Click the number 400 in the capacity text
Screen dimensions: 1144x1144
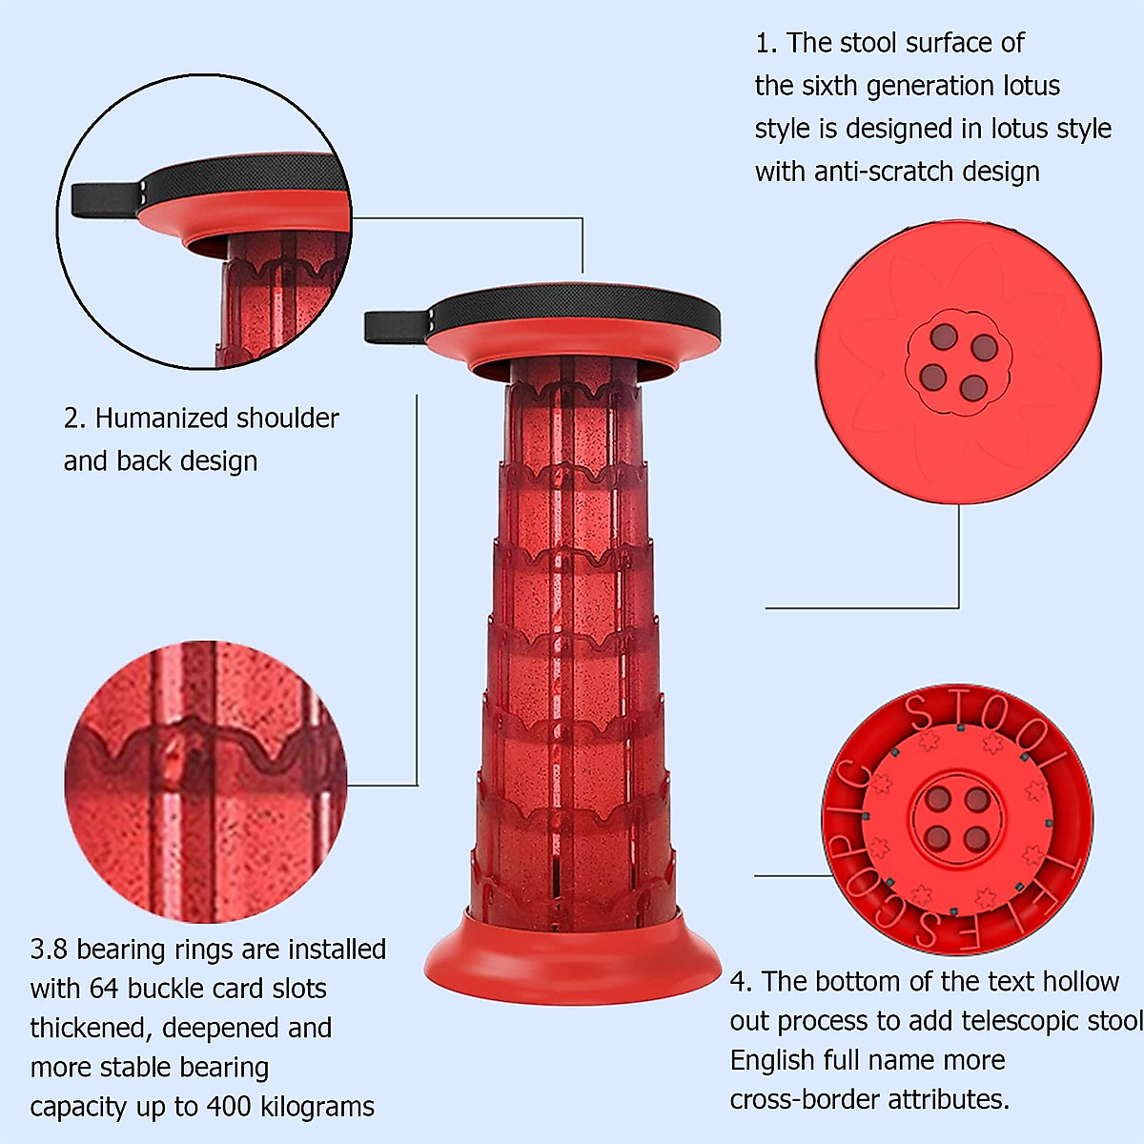[228, 1106]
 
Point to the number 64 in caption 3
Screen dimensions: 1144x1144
[104, 989]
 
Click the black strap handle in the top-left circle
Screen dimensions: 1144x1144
[107, 199]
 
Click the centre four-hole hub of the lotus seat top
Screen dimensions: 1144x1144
[957, 362]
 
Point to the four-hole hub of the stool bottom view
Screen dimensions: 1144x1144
[956, 818]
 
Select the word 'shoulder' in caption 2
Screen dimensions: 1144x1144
[287, 419]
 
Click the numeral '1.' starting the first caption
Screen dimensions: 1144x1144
[766, 43]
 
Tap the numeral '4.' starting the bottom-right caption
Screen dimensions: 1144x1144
[741, 982]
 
